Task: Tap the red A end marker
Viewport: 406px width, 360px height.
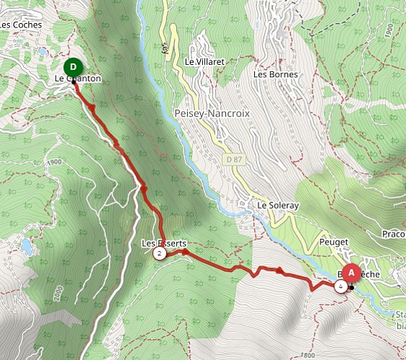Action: coord(351,273)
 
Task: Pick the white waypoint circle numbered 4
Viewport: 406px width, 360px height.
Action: coord(340,287)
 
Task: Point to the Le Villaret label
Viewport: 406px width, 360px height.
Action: coord(205,62)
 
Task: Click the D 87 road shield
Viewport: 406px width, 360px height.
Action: coord(230,158)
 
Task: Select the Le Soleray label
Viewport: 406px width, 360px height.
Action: coord(278,205)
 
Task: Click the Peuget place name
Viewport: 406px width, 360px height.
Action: coord(335,243)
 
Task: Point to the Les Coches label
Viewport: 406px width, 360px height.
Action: coord(21,24)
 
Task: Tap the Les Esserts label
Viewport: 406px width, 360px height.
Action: coord(160,243)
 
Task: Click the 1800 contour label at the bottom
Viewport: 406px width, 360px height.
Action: coord(308,354)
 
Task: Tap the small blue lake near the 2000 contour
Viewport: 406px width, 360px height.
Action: coord(27,247)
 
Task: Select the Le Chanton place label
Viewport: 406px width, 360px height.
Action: coord(77,78)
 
